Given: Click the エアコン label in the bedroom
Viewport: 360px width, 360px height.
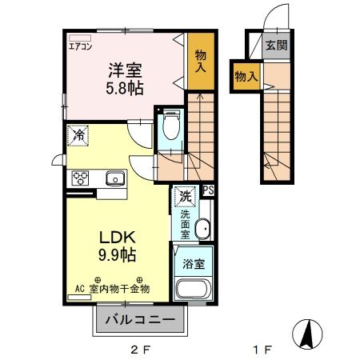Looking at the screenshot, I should (x=81, y=46).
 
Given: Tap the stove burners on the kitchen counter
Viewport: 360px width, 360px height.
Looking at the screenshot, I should (x=81, y=178).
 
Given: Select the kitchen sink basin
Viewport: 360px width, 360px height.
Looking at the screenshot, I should (x=114, y=178).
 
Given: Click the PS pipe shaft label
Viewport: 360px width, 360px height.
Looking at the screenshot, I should (x=208, y=190).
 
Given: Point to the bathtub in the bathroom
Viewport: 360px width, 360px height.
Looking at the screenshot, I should (x=193, y=290).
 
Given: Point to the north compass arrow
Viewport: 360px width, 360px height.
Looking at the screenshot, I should (x=308, y=331).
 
